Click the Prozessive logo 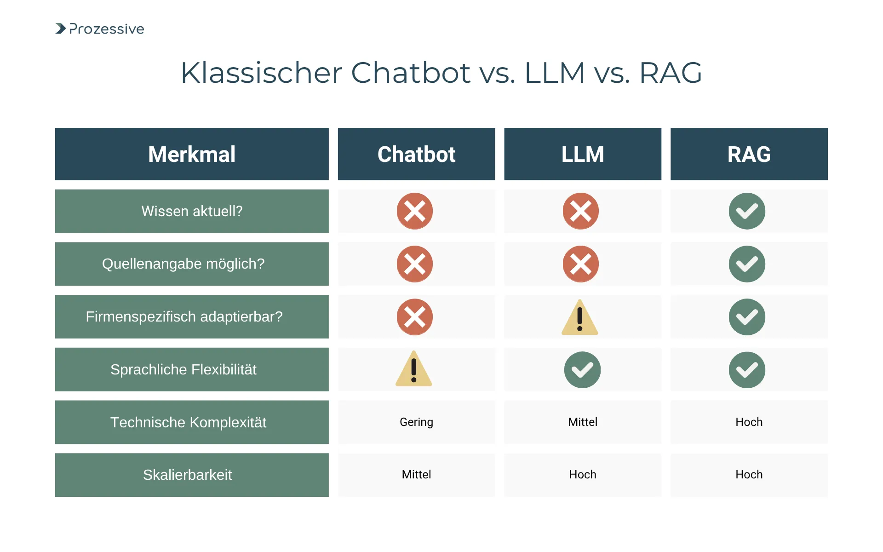click(100, 29)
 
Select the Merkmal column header click(192, 154)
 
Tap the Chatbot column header click(416, 154)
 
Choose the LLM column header click(582, 154)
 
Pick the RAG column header click(749, 154)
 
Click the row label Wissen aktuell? click(192, 211)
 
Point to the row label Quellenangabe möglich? click(183, 264)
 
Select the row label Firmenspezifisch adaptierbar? click(184, 316)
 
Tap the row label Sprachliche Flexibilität click(183, 369)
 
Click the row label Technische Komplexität click(188, 422)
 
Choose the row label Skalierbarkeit click(188, 475)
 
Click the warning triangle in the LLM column click(580, 318)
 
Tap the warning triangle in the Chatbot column click(414, 369)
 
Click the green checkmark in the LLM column click(582, 370)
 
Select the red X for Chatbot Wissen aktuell click(415, 211)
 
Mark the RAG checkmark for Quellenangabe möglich click(747, 264)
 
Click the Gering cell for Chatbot click(416, 422)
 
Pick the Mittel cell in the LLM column click(583, 422)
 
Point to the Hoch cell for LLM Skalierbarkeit click(583, 475)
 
